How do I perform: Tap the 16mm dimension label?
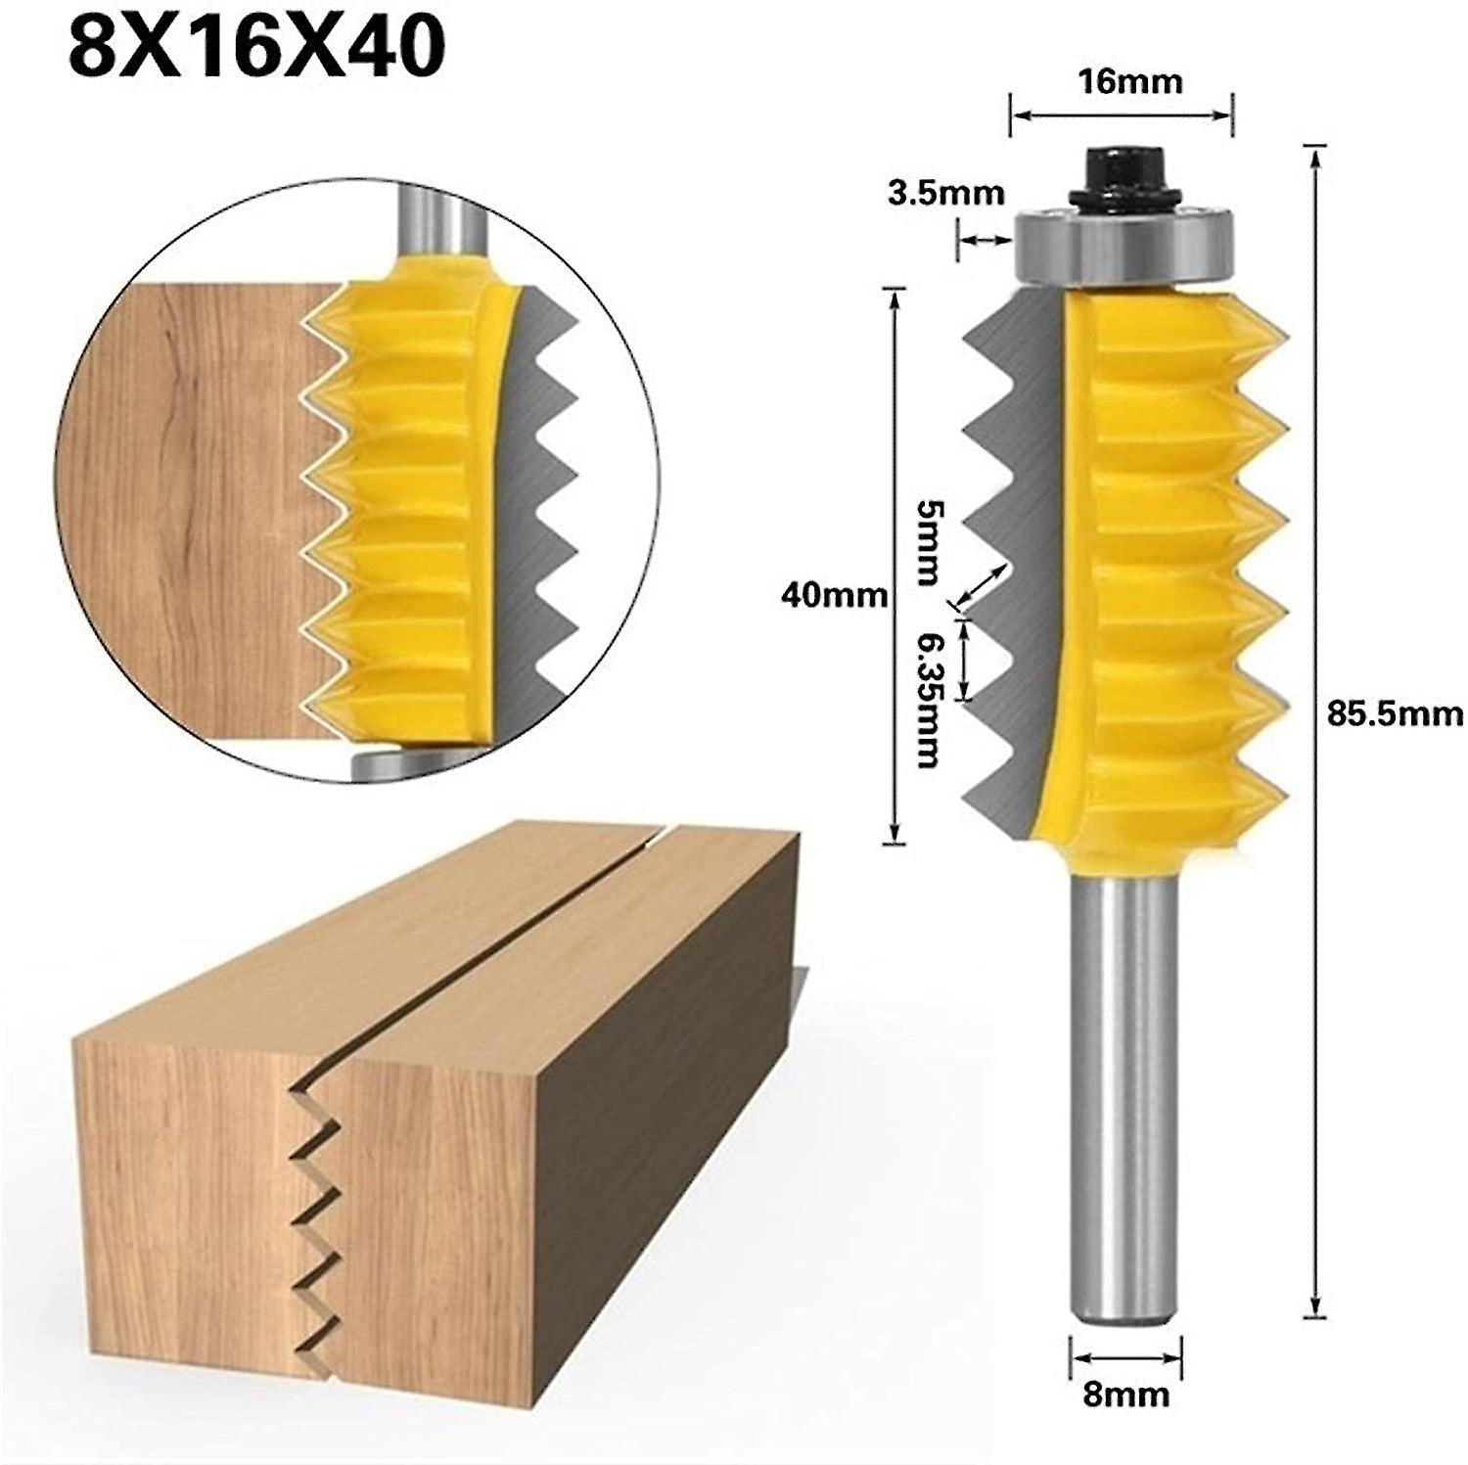pyautogui.click(x=1129, y=81)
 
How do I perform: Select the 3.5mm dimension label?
pyautogui.click(x=945, y=193)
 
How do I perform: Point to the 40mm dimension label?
pyautogui.click(x=834, y=594)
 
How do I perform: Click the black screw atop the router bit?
pyautogui.click(x=1120, y=176)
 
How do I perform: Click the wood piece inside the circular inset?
pyautogui.click(x=196, y=509)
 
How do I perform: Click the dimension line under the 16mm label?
pyautogui.click(x=1121, y=115)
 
